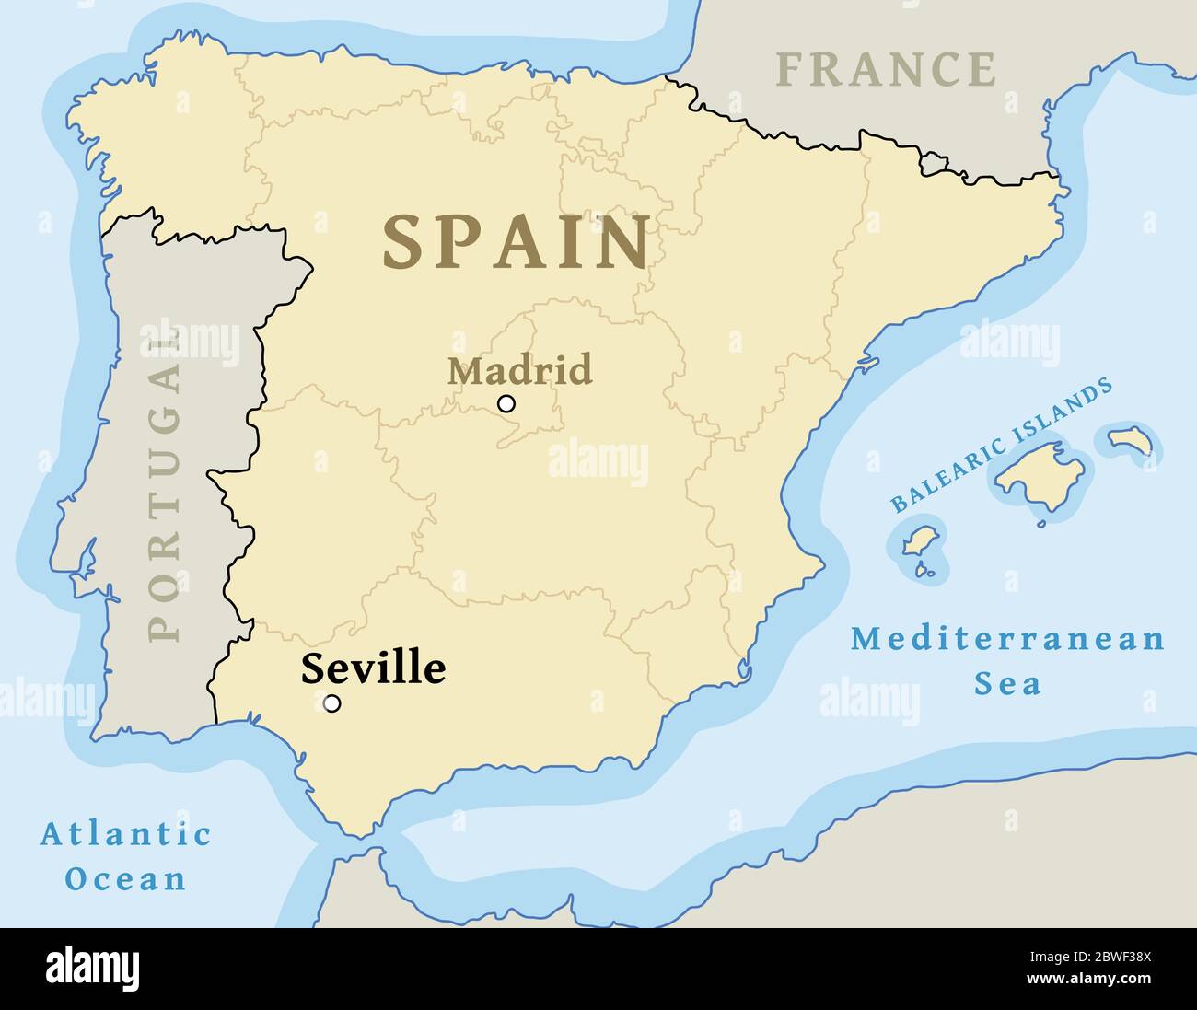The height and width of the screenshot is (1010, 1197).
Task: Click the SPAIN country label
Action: [x=517, y=242]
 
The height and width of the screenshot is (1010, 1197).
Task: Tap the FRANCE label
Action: [x=885, y=70]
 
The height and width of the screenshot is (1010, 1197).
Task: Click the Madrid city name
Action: [x=519, y=370]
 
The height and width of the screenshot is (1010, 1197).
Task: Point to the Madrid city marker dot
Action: [x=506, y=403]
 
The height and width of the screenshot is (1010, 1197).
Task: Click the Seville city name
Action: [x=373, y=668]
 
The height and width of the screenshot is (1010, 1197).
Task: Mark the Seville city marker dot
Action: [x=332, y=703]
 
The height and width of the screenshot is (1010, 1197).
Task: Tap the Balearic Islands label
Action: [x=1002, y=446]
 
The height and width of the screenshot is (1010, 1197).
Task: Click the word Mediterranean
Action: [x=1007, y=639]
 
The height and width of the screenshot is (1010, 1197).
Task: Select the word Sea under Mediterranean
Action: [x=1007, y=684]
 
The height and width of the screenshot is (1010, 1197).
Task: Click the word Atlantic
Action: [x=125, y=834]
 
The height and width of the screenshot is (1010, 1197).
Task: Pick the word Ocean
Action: [x=125, y=878]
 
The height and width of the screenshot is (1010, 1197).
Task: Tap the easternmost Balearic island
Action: [x=1132, y=440]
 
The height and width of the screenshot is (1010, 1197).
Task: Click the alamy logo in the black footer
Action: [x=93, y=969]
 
